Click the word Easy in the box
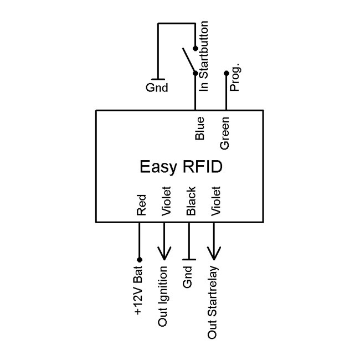point(156,167)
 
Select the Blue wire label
point(200,128)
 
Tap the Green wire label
point(225,132)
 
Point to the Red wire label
point(141,204)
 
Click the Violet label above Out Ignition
point(166,201)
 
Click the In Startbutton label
point(203,56)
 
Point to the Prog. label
point(234,80)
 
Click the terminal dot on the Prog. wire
point(225,73)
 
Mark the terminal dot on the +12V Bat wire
point(140,259)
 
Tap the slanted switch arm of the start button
point(188,60)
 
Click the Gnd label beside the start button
point(157,88)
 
